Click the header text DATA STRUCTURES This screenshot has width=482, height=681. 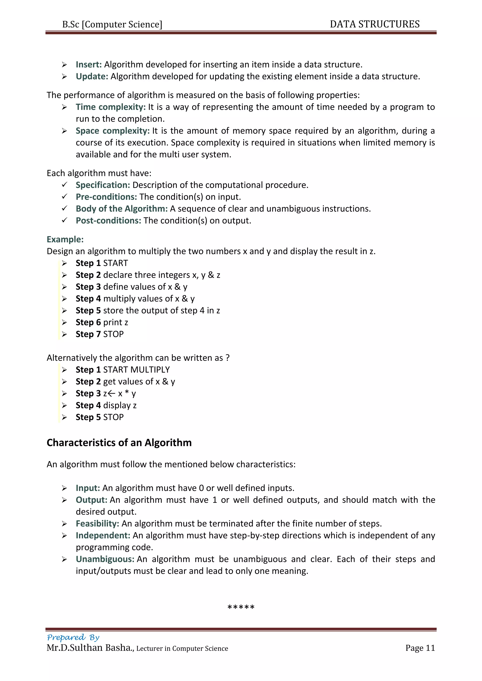point(374,24)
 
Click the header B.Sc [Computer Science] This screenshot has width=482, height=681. point(112,24)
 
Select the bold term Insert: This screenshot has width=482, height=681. point(89,64)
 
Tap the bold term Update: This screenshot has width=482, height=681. point(92,76)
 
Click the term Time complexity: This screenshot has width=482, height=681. point(111,107)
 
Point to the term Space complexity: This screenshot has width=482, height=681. point(112,131)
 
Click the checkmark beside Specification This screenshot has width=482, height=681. point(64,185)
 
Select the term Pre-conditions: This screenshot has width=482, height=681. point(106,197)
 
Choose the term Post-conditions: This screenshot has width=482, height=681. point(108,220)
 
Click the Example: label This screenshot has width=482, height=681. point(65,239)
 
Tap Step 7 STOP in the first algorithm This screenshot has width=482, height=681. point(99,334)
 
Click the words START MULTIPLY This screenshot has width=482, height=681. point(136,370)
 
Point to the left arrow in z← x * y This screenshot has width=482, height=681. point(111,394)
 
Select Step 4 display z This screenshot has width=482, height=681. point(106,405)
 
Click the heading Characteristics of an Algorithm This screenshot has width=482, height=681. point(119,443)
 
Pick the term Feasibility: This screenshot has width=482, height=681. point(97,523)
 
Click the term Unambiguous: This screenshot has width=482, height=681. point(105,559)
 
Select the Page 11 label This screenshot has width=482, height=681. point(420,648)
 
